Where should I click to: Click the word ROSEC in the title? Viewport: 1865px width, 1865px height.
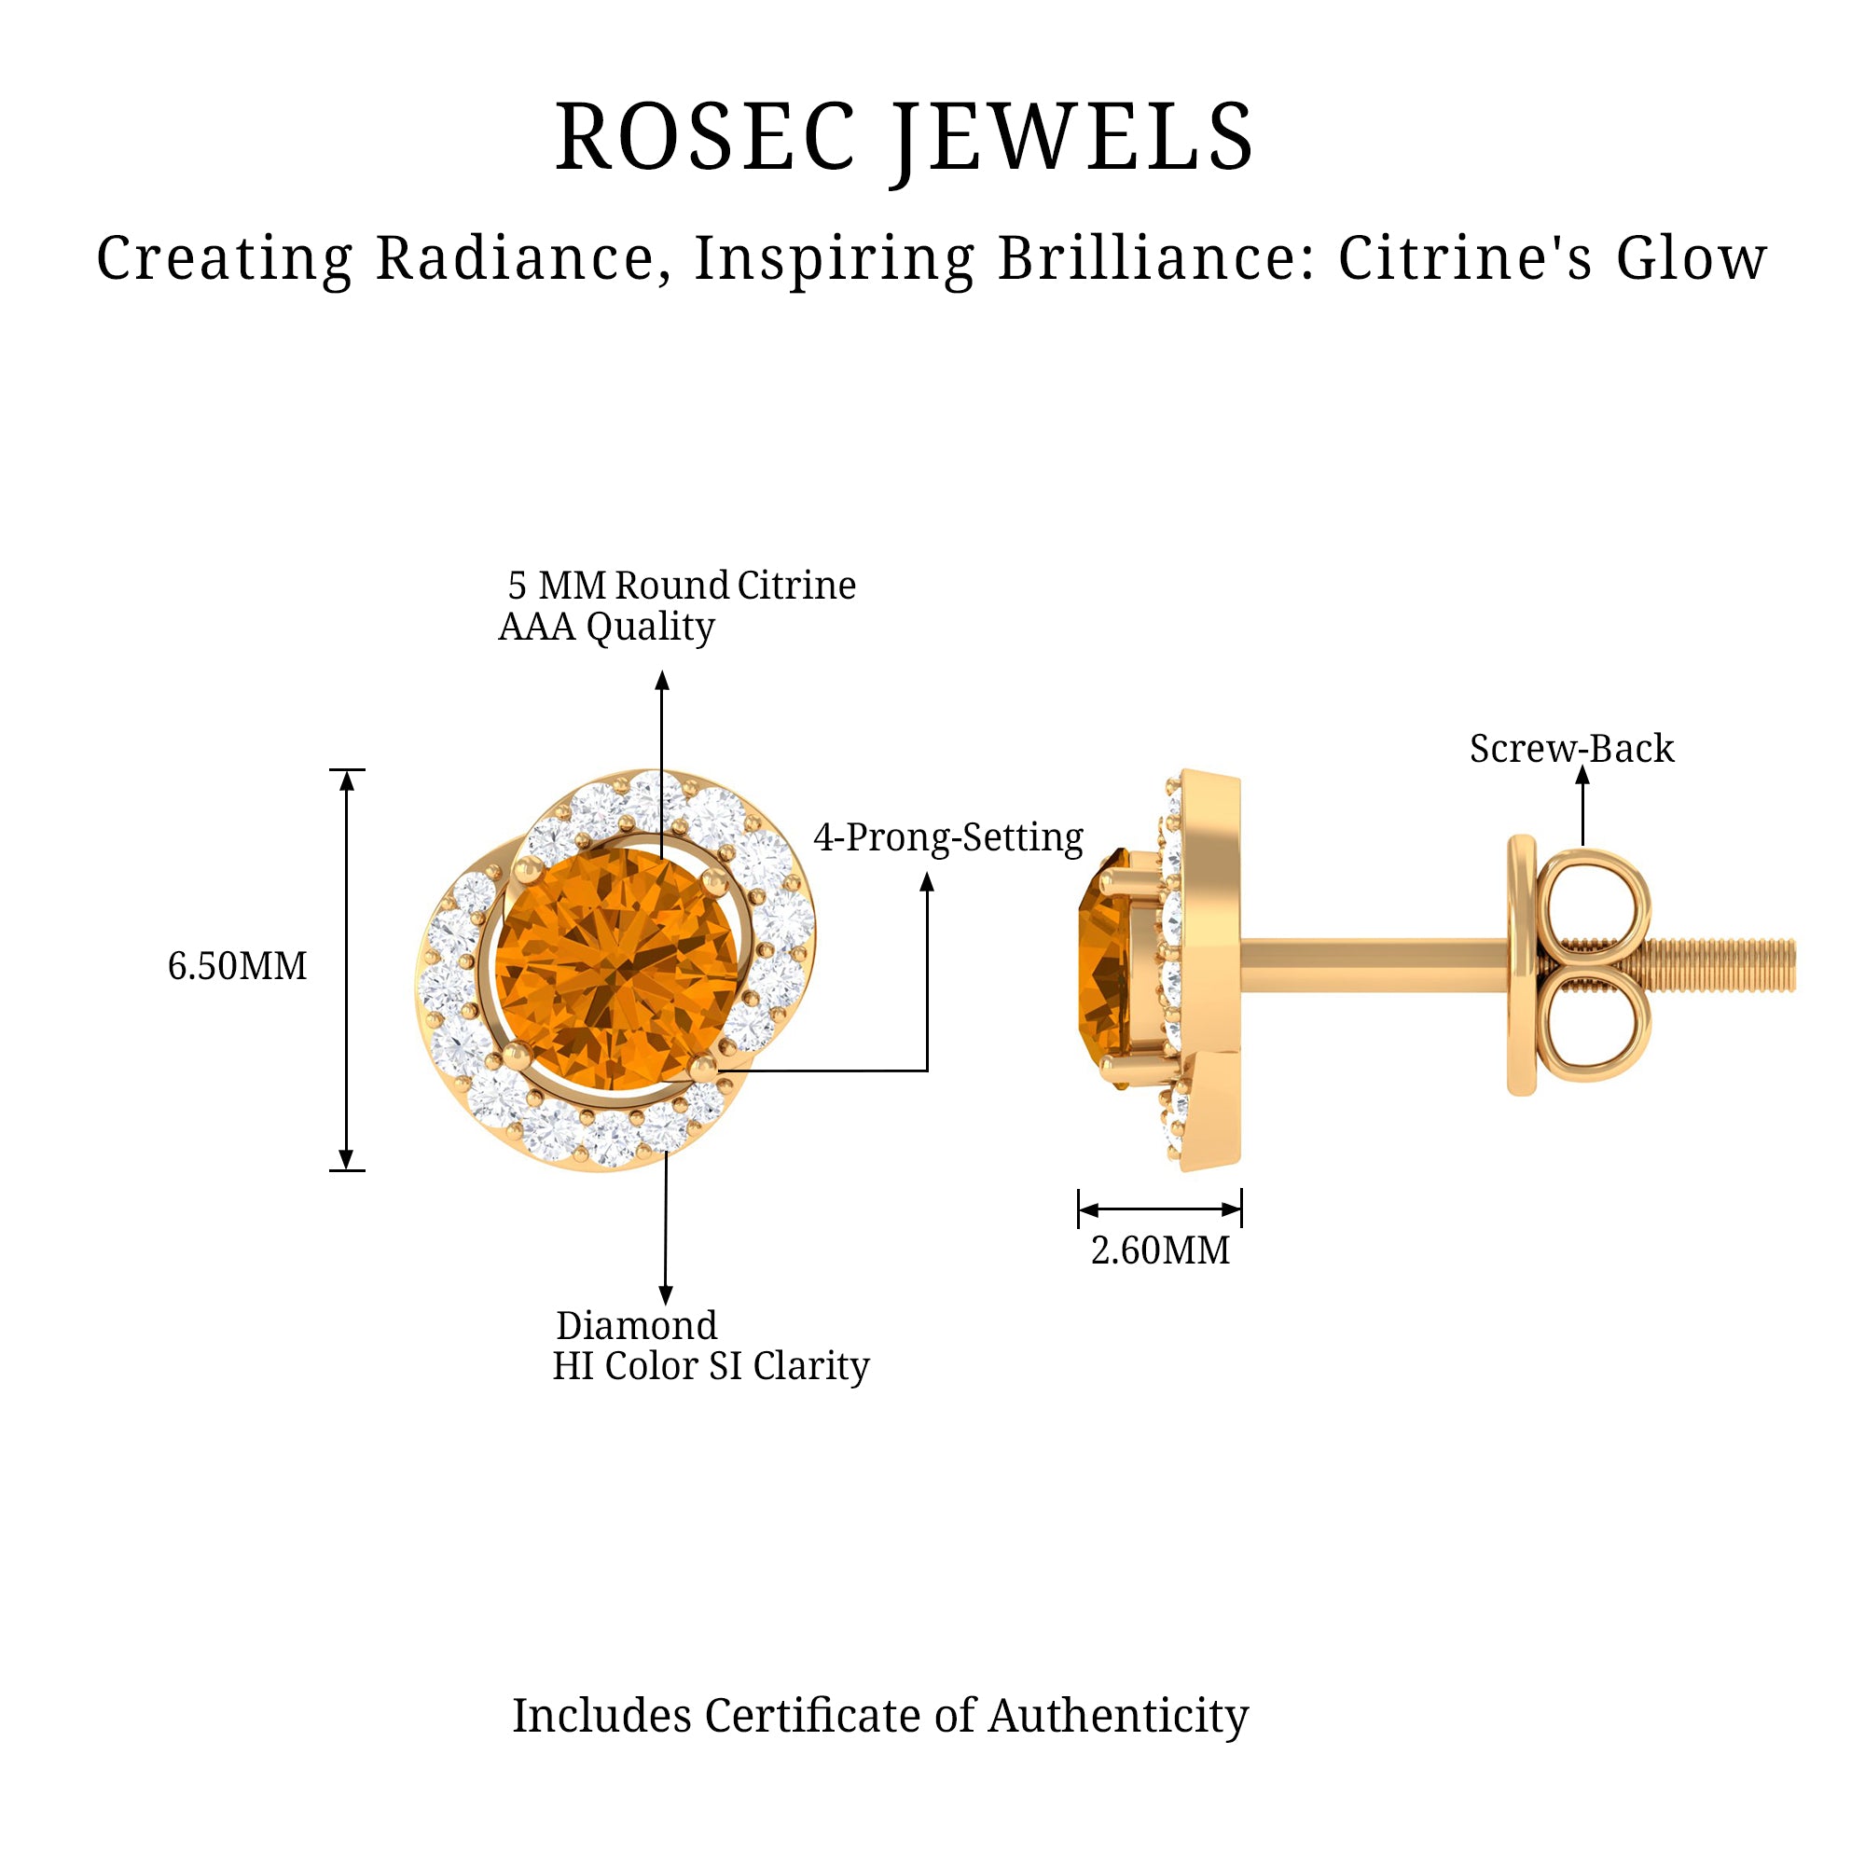(x=705, y=137)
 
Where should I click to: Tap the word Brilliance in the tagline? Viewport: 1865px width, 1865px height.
(x=1154, y=258)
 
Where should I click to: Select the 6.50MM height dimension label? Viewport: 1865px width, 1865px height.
(x=237, y=966)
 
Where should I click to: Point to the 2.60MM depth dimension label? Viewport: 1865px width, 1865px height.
(x=1159, y=1251)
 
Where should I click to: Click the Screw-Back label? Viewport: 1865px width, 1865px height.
(x=1571, y=749)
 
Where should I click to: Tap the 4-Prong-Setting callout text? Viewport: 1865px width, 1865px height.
(x=948, y=838)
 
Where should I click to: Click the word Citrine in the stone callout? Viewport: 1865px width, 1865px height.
(x=796, y=586)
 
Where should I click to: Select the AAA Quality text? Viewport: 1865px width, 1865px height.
(x=606, y=628)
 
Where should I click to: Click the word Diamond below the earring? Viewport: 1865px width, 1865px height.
(x=636, y=1325)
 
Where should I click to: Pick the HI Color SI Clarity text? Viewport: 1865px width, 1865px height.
(x=711, y=1366)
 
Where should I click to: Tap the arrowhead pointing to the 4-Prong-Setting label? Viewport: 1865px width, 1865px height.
(x=927, y=881)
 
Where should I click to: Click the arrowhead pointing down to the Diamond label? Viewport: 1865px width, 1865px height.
(x=665, y=1294)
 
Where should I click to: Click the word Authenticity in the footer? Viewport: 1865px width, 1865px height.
(x=1118, y=1716)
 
